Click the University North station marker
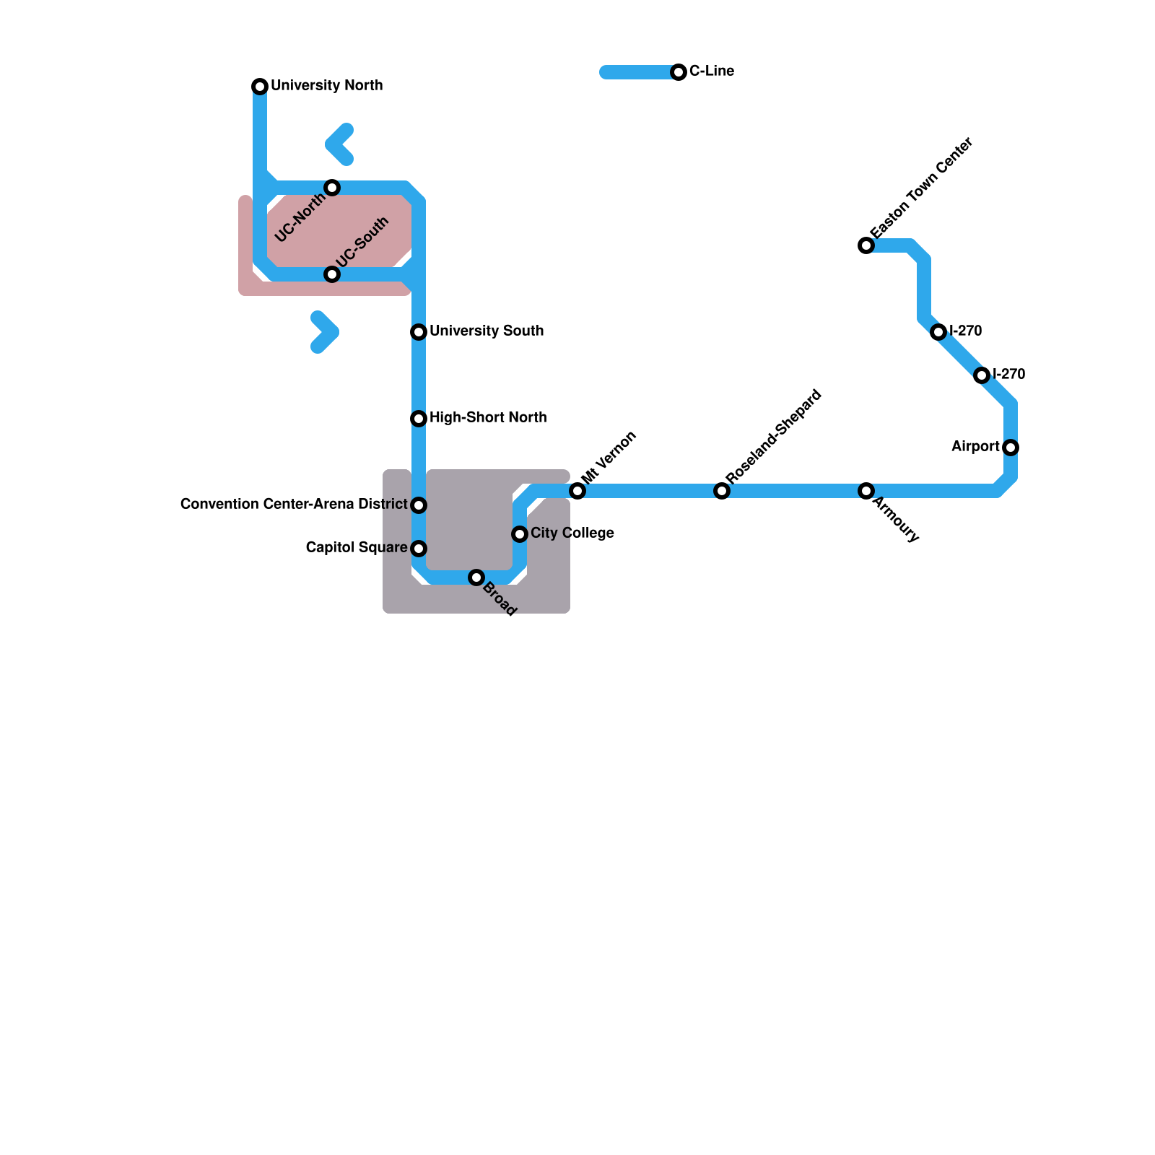[260, 87]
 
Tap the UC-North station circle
[332, 188]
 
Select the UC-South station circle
[332, 274]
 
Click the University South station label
[486, 331]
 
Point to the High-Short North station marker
[419, 419]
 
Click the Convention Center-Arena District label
[294, 505]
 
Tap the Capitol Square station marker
[419, 549]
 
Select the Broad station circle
[476, 577]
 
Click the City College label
[572, 533]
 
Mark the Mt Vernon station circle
[577, 491]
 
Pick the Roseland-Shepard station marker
[722, 491]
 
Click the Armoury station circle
[866, 491]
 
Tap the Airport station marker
[1011, 448]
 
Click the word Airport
[975, 447]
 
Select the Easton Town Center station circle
[866, 245]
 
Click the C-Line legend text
[711, 71]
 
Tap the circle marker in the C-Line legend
[679, 72]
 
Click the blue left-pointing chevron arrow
[339, 144]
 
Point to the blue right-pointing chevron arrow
[326, 332]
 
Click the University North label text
[326, 86]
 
